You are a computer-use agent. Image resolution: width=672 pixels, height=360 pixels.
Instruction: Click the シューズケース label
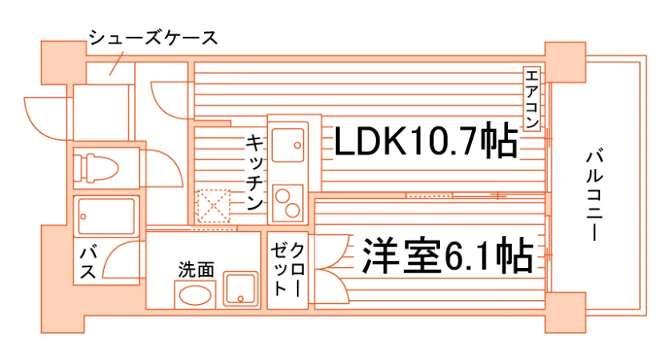(153, 38)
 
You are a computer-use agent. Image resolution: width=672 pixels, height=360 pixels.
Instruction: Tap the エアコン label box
(531, 98)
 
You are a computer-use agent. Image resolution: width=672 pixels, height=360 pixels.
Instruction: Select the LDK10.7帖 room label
(425, 141)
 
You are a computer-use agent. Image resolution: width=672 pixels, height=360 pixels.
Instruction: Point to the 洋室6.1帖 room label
(448, 256)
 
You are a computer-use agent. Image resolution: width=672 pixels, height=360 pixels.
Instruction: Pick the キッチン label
(254, 172)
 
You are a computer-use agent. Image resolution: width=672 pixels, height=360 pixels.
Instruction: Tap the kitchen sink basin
(288, 145)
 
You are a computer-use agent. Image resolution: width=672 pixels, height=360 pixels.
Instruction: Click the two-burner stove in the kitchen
(288, 203)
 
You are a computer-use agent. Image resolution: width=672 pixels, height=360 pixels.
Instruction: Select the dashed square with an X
(214, 206)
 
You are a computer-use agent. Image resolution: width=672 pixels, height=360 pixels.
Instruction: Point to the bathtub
(106, 216)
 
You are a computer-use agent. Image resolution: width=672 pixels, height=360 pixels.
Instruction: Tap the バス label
(88, 262)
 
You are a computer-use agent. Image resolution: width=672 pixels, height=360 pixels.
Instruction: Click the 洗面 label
(196, 270)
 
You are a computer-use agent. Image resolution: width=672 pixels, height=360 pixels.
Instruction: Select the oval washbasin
(195, 295)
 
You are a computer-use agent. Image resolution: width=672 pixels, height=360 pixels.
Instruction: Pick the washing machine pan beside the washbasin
(241, 290)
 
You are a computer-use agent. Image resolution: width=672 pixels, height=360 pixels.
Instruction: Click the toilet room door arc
(171, 165)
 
